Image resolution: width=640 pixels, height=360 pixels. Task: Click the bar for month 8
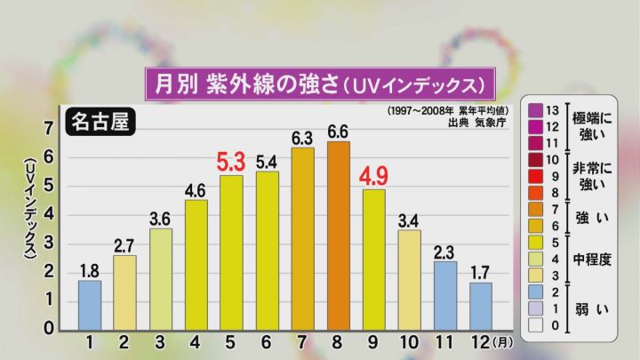(x=339, y=236)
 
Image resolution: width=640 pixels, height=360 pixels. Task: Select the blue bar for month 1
(x=90, y=305)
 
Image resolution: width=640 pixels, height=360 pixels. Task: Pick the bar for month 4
(x=196, y=265)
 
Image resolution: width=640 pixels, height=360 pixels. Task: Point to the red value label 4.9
(x=373, y=174)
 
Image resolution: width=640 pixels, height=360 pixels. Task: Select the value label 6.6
(x=339, y=130)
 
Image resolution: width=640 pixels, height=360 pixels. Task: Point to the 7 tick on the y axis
(x=50, y=129)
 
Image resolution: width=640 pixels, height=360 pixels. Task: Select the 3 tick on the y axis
(x=50, y=244)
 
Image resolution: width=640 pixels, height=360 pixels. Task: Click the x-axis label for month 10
(x=409, y=342)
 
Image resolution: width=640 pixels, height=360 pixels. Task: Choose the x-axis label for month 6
(x=267, y=342)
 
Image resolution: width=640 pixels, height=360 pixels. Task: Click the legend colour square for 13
(x=537, y=109)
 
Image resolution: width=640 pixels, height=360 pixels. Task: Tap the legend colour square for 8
(x=537, y=193)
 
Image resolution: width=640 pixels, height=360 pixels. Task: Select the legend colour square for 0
(x=537, y=326)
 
